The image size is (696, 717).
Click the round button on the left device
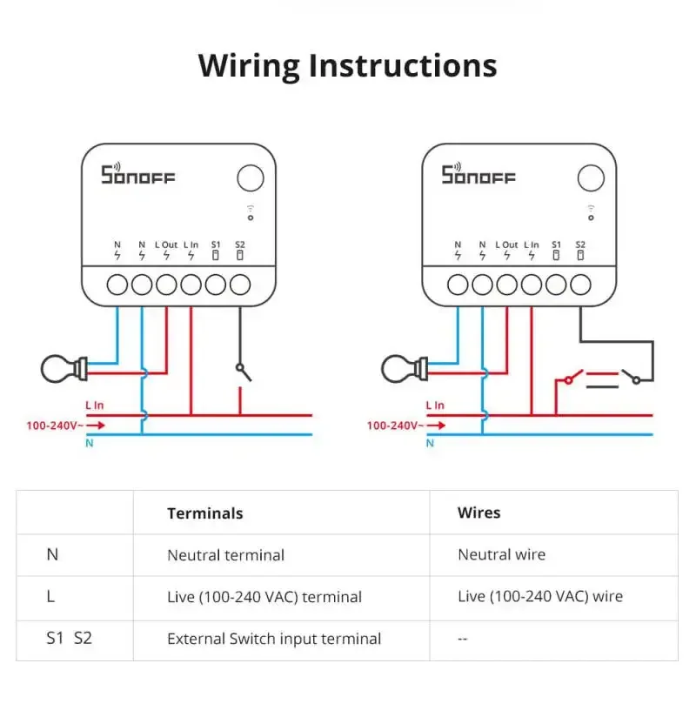click(250, 178)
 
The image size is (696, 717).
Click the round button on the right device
click(590, 178)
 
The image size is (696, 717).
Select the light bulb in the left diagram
click(64, 369)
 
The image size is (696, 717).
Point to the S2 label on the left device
click(240, 245)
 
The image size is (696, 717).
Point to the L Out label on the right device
click(506, 245)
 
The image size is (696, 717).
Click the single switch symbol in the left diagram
click(243, 372)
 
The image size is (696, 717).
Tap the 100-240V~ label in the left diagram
click(55, 426)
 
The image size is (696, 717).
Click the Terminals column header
click(204, 513)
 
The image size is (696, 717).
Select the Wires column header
click(479, 513)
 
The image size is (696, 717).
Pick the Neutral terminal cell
click(225, 555)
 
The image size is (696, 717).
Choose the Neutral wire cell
click(501, 555)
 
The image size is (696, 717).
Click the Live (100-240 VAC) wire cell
click(539, 597)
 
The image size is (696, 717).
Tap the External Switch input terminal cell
click(274, 639)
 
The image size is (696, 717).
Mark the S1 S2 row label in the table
click(69, 639)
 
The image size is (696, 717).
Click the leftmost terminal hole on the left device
click(117, 284)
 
